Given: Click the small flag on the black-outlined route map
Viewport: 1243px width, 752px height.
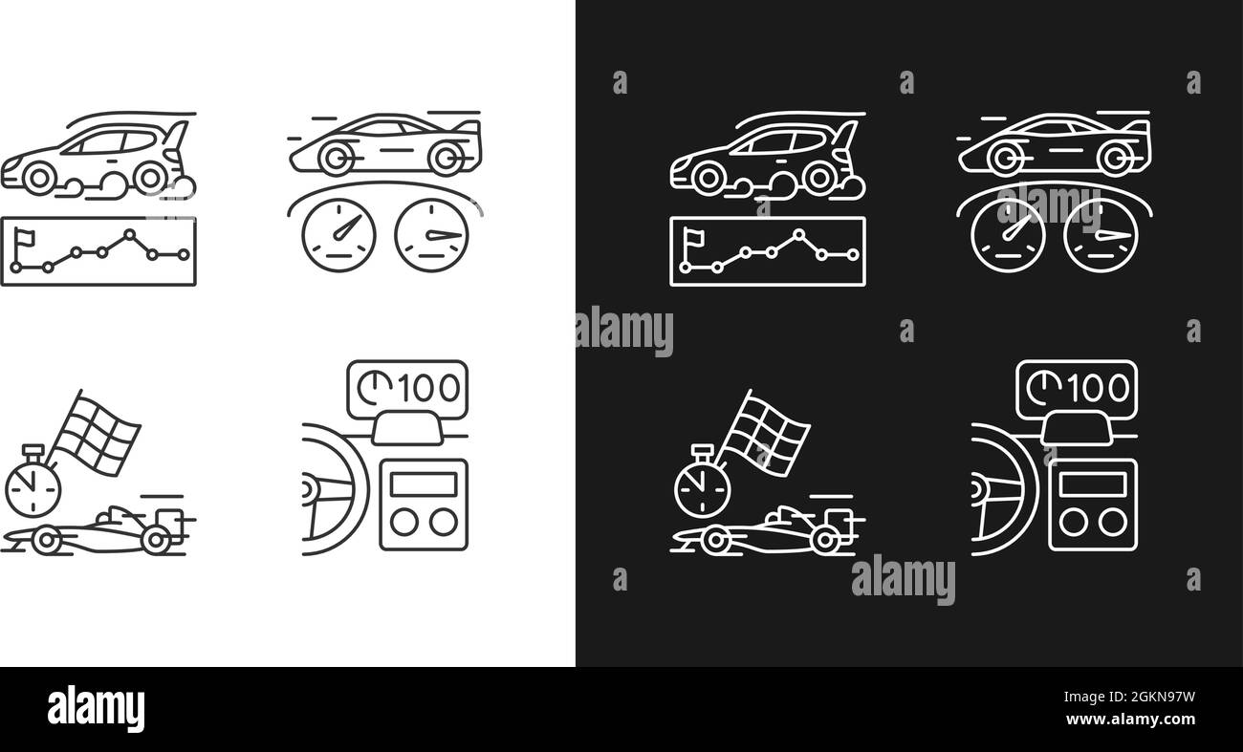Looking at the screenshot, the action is click(x=25, y=239).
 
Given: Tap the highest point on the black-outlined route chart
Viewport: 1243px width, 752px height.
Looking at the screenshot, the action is click(x=129, y=234).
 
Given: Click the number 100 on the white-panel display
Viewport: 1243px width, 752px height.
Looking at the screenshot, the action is click(x=429, y=388).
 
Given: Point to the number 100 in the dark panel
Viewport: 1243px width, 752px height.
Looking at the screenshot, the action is click(x=1099, y=388).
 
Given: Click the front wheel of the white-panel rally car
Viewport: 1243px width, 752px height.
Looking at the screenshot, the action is click(x=39, y=178).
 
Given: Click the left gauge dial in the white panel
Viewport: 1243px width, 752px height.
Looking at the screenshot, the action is click(x=338, y=235).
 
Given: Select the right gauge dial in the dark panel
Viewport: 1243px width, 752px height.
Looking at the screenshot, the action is click(x=1101, y=235).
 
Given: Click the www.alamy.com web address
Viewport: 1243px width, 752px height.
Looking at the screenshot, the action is click(x=1130, y=720).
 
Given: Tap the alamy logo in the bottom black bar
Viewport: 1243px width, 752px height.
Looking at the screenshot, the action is click(x=96, y=708).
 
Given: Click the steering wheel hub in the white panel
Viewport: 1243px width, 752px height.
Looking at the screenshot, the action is click(x=306, y=489).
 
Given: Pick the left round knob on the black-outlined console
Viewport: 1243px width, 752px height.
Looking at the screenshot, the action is click(x=403, y=523).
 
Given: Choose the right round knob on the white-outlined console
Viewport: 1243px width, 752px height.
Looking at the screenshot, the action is click(x=1113, y=523).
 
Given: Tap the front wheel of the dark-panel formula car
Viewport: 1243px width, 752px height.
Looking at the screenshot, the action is click(x=716, y=540).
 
